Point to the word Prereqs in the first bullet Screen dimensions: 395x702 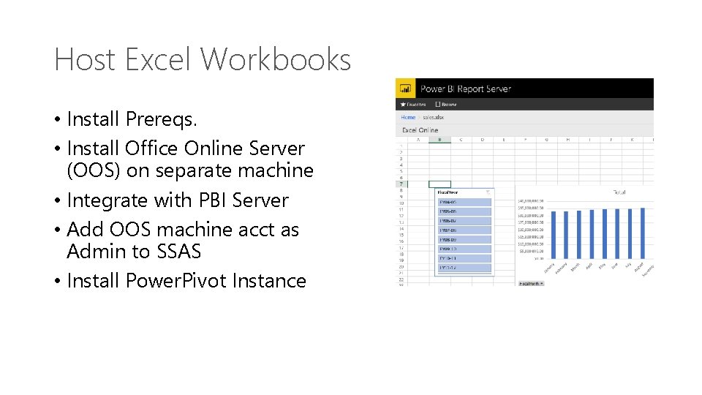click(x=161, y=118)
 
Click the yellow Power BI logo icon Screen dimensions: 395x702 click(x=405, y=89)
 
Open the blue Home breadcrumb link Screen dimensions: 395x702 click(x=407, y=117)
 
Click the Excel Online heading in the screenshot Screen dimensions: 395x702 click(x=420, y=130)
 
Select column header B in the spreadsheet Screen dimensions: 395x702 click(x=439, y=139)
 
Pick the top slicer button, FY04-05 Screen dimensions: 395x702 click(x=464, y=203)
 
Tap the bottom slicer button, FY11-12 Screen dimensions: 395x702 click(x=464, y=268)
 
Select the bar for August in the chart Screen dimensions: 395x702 click(x=643, y=233)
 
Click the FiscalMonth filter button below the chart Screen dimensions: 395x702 click(x=532, y=283)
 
